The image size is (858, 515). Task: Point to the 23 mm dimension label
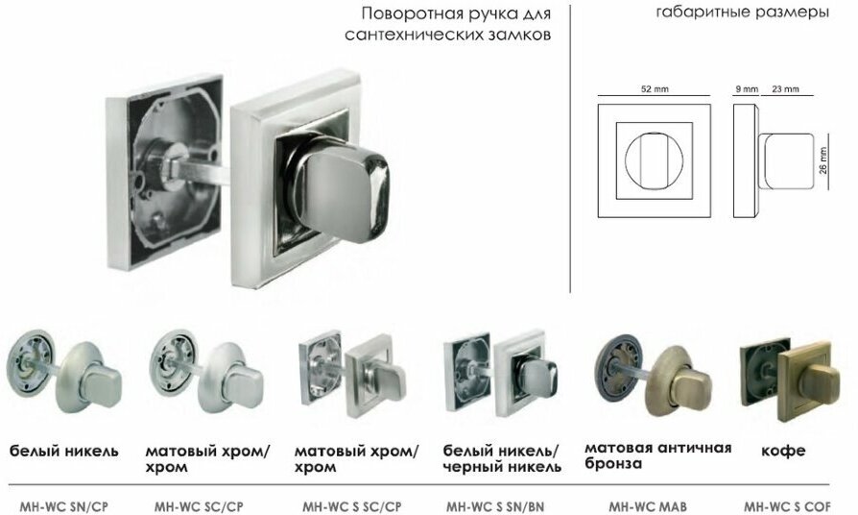785,88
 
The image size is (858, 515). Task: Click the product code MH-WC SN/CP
64,505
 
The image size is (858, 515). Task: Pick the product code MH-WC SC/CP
199,505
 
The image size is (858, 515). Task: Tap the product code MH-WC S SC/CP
351,505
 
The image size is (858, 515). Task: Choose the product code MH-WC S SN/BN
495,505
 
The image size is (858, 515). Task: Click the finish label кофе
783,450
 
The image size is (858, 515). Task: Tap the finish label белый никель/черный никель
502,458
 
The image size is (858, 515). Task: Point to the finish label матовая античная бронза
657,455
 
